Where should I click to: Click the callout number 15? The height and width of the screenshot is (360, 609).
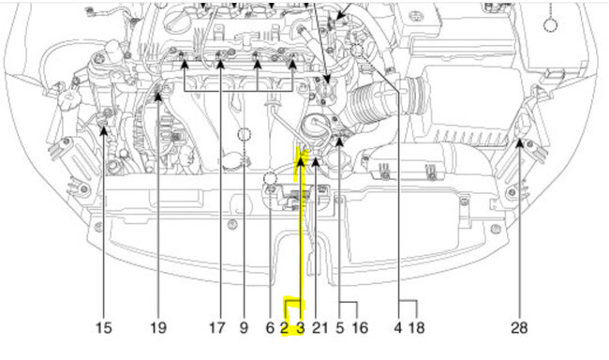104,328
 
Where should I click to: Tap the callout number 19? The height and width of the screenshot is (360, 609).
158,328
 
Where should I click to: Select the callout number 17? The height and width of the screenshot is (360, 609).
217,328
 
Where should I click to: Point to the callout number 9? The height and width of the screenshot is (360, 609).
244,328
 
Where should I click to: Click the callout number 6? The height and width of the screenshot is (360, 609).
271,328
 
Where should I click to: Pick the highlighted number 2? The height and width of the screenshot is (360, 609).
285,328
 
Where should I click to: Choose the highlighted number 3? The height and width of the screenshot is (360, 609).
300,328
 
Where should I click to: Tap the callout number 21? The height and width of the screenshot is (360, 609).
320,328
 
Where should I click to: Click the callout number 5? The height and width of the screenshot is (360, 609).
340,328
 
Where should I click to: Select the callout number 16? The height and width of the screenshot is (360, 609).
360,328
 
